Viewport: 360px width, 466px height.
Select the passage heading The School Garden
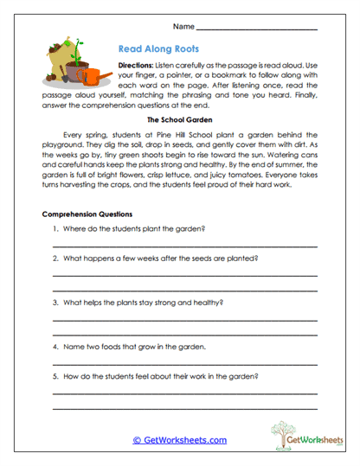[x=179, y=120]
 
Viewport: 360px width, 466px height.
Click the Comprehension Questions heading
[x=87, y=213]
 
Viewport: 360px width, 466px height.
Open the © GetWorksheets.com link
[x=179, y=440]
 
